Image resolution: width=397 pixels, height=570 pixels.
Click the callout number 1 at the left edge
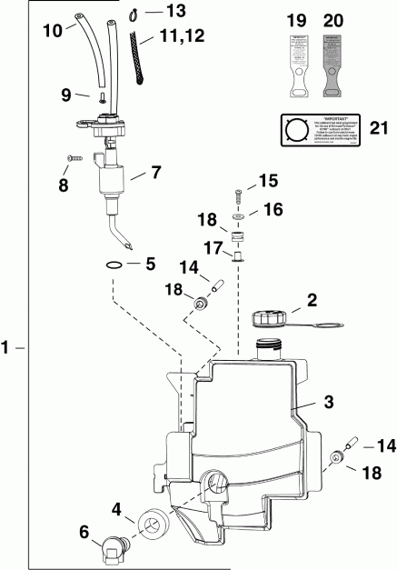7,347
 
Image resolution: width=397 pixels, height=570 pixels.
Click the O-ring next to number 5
115,265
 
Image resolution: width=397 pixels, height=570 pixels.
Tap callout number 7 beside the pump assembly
155,171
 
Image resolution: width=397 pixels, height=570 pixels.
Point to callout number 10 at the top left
52,30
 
